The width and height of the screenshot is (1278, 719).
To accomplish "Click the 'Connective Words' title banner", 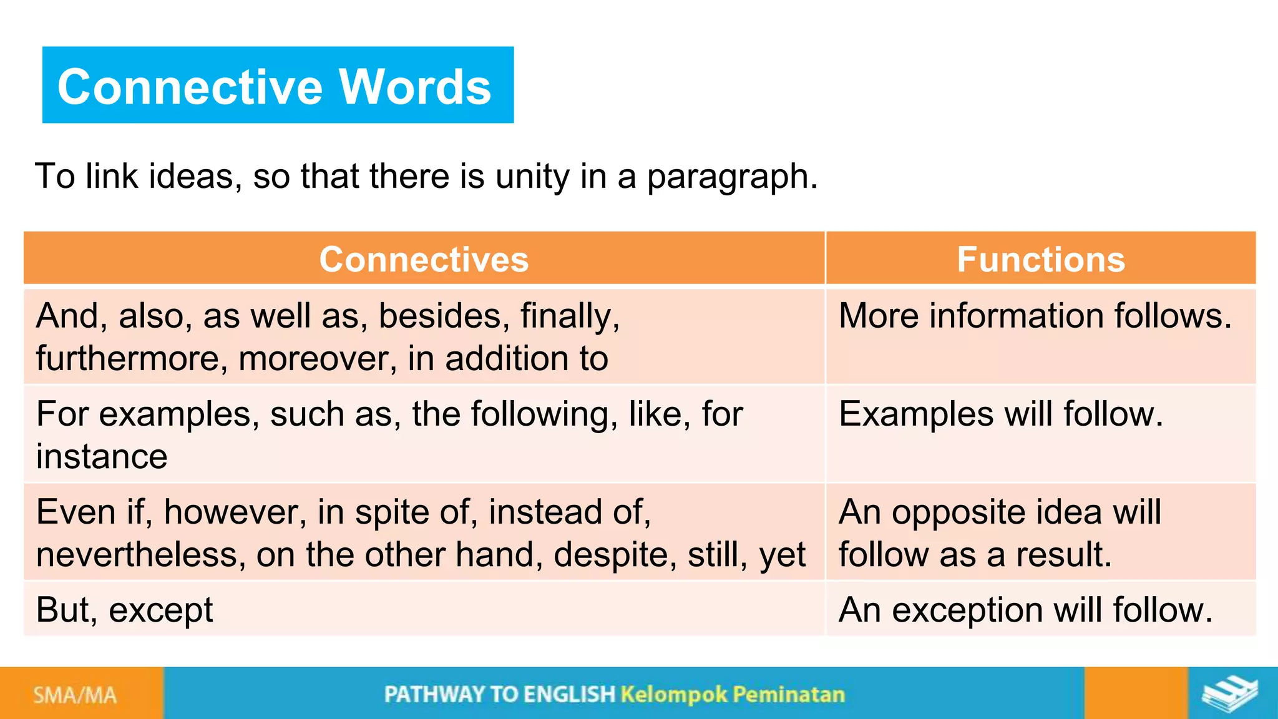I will (x=278, y=86).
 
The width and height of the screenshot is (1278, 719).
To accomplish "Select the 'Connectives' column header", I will (x=424, y=260).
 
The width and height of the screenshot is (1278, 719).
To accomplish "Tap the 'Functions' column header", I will (x=1040, y=260).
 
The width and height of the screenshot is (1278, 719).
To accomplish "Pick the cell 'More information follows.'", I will (x=1035, y=316).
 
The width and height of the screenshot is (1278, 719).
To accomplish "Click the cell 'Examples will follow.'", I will (x=1000, y=414).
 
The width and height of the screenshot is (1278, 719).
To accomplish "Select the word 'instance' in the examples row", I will (x=102, y=457).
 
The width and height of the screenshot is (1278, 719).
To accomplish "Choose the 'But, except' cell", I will (x=125, y=610).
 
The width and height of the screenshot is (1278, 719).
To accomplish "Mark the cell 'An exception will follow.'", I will (x=1025, y=610).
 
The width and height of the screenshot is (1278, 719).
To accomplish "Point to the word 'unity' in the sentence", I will (x=532, y=177).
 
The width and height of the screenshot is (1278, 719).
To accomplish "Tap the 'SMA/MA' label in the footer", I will (x=75, y=695).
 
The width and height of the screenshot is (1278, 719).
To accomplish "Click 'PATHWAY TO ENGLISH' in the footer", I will (x=499, y=695).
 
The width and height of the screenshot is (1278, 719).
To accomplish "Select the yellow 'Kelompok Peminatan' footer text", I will (x=733, y=695).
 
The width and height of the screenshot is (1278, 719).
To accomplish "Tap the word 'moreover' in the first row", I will (x=317, y=359).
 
